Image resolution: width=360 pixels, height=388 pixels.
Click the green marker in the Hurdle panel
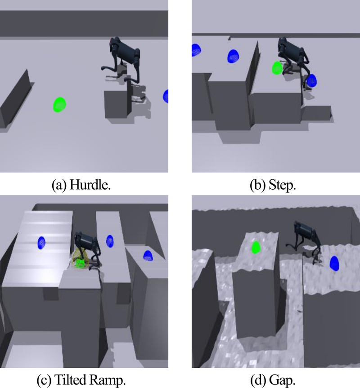pyautogui.click(x=59, y=105)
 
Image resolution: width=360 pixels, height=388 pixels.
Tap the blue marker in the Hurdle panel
pyautogui.click(x=166, y=96)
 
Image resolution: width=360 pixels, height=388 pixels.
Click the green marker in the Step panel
pyautogui.click(x=277, y=68)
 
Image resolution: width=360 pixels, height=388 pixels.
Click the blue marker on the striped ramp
pyautogui.click(x=41, y=243)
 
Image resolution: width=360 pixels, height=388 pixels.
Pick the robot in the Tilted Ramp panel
pyautogui.click(x=88, y=250)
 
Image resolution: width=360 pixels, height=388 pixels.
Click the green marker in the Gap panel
pyautogui.click(x=256, y=248)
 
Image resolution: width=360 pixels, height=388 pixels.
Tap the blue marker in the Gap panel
pyautogui.click(x=334, y=263)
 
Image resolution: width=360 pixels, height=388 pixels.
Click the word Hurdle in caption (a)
pyautogui.click(x=90, y=185)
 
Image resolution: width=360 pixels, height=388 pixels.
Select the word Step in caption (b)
pyautogui.click(x=282, y=185)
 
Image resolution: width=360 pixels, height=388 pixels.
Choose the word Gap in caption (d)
pyautogui.click(x=283, y=380)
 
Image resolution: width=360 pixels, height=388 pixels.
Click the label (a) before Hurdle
pyautogui.click(x=59, y=185)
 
